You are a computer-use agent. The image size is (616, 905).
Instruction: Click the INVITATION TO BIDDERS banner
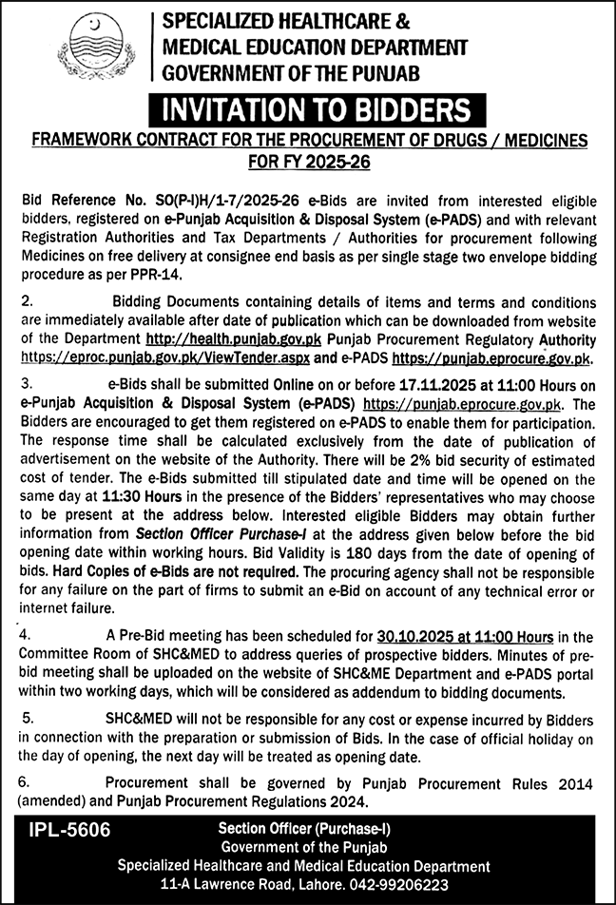[308, 110]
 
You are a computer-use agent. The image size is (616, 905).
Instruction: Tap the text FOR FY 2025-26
[308, 161]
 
